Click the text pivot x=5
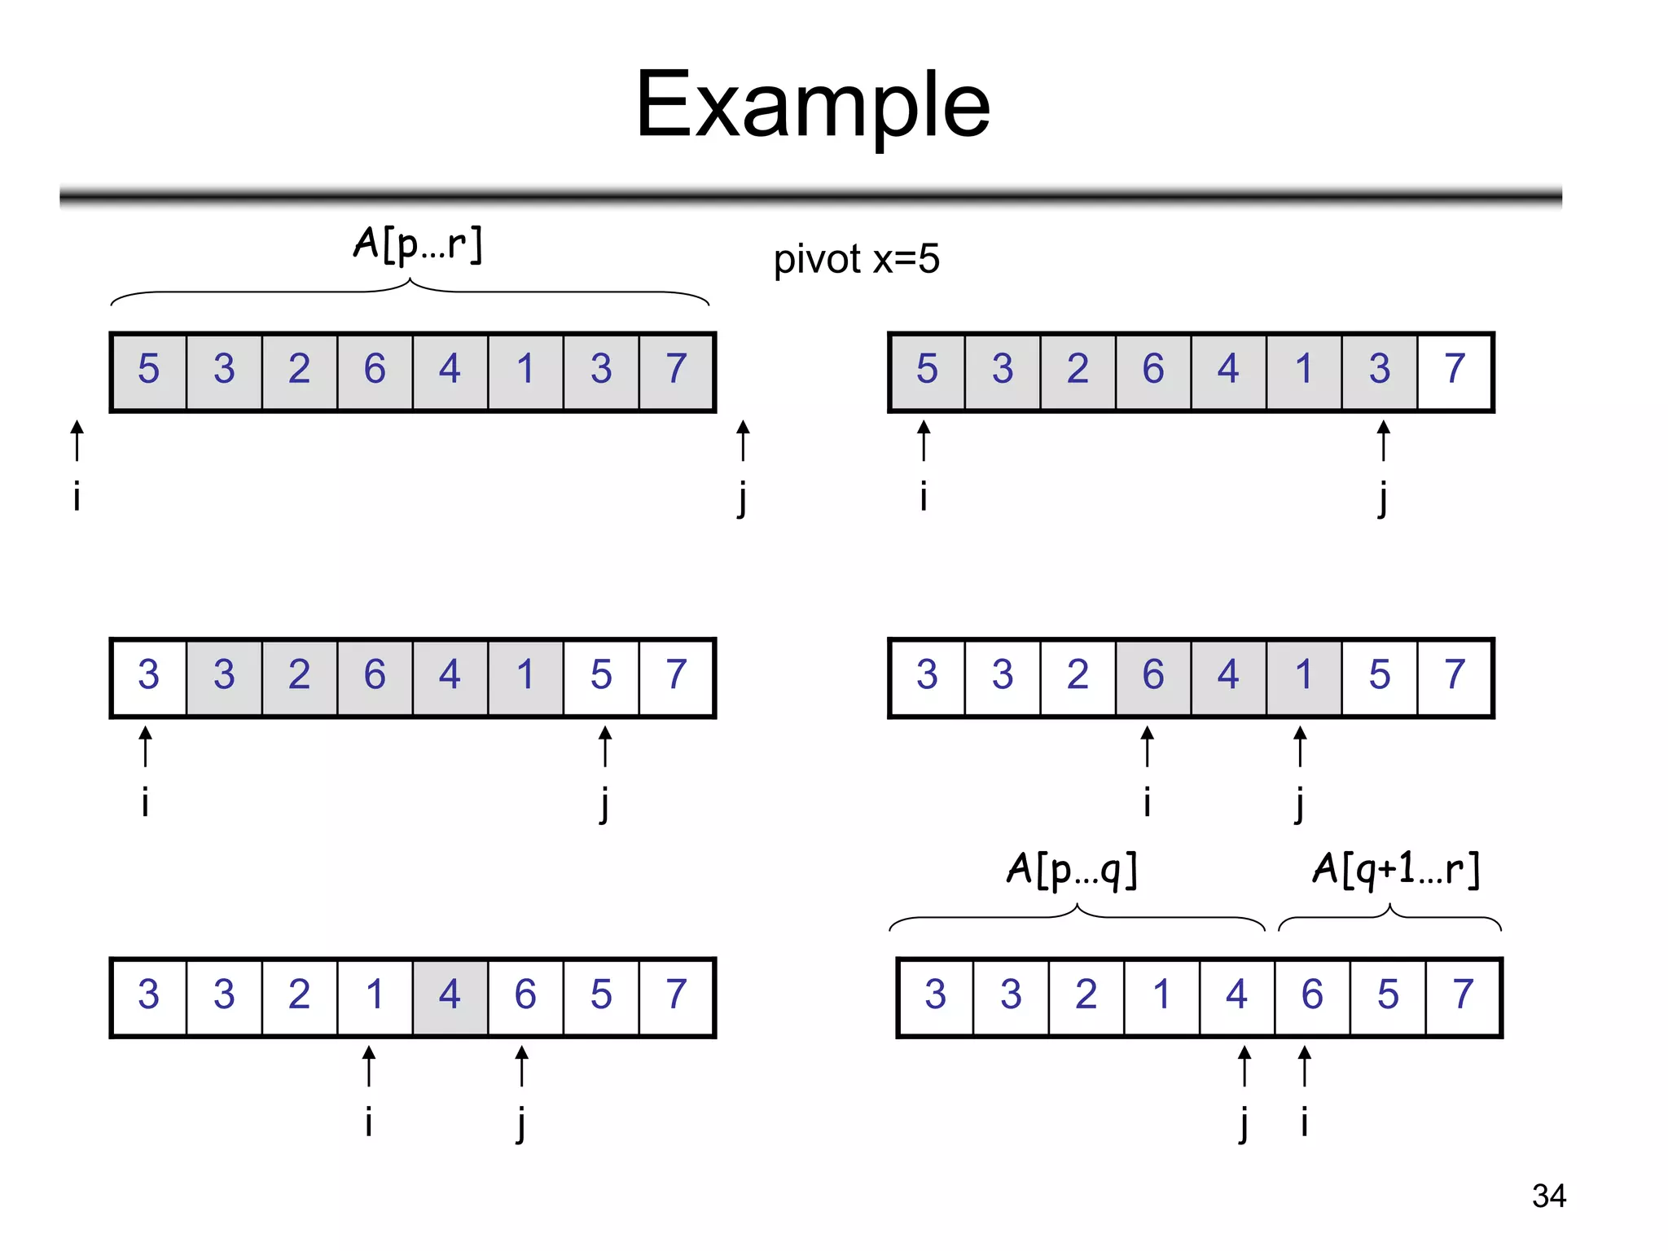click(x=856, y=259)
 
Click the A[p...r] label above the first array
click(x=418, y=244)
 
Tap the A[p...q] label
click(x=1072, y=869)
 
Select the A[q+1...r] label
click(x=1396, y=869)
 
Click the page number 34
click(x=1548, y=1196)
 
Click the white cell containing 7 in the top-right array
click(x=1455, y=370)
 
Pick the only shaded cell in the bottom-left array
click(x=450, y=995)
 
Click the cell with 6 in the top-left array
click(x=375, y=370)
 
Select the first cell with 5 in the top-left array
click(x=148, y=370)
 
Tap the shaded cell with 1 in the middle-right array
click(x=1303, y=675)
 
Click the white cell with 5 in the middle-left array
click(x=601, y=675)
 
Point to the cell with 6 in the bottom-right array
click(x=1312, y=995)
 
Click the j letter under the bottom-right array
click(x=1244, y=1125)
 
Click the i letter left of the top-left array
click(x=77, y=495)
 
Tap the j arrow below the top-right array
click(x=1383, y=441)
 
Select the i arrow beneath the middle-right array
click(x=1147, y=747)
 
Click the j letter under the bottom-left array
click(x=521, y=1125)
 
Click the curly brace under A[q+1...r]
click(x=1389, y=918)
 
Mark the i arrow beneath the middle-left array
click(x=145, y=747)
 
